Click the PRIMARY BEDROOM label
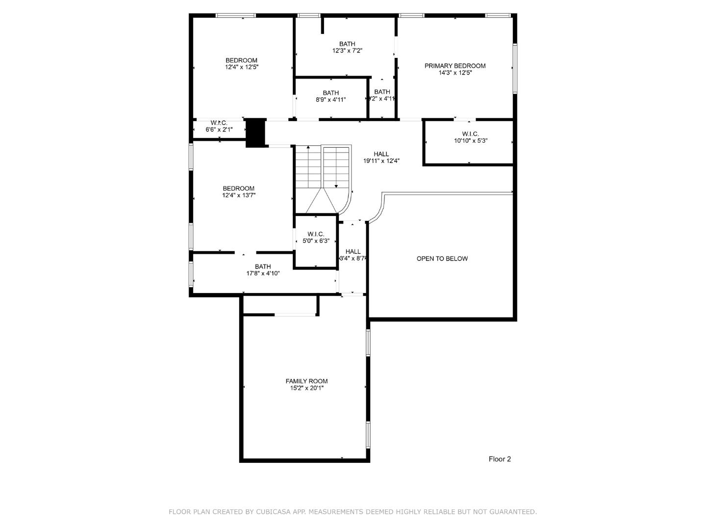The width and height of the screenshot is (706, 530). pos(455,66)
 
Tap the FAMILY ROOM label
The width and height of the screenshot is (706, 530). pos(306,381)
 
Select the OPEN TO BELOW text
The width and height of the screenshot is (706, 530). pos(442,259)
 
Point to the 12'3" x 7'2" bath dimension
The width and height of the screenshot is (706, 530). pos(347,51)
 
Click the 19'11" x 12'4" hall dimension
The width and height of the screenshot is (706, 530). pos(381,161)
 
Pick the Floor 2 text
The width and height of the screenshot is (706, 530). pos(500,459)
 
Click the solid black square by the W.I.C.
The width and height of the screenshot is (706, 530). pos(255,132)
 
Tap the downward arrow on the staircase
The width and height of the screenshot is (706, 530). pos(336,185)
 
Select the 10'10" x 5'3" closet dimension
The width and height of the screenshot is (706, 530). pos(470,141)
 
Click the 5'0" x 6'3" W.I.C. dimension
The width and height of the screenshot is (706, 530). pos(316,241)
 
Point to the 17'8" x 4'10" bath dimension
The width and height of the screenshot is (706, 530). pos(263,273)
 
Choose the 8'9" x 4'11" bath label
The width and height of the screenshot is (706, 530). pos(330,93)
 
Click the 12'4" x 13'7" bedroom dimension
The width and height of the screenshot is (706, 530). pos(239,195)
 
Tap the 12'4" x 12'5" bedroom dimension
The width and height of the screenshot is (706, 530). pos(241,67)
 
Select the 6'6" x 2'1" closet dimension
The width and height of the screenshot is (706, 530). pos(219,130)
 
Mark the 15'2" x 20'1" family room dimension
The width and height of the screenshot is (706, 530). pos(306,388)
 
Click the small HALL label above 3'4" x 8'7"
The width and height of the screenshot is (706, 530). pos(353,252)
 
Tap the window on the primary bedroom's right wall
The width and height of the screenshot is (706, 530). pos(515,69)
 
